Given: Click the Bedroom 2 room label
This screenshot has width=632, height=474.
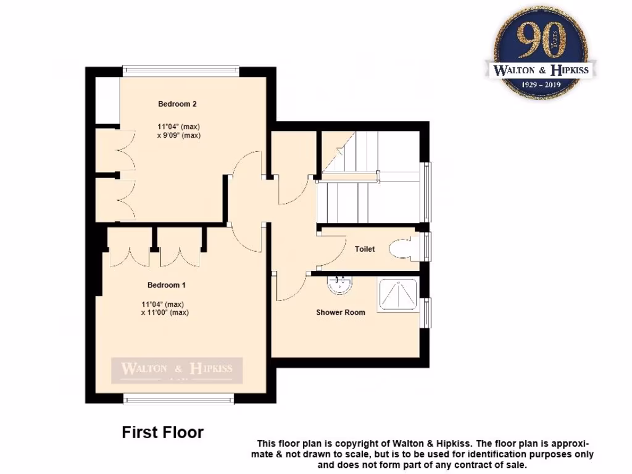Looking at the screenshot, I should (x=177, y=104).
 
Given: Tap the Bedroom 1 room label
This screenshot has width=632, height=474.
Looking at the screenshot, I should (x=167, y=285).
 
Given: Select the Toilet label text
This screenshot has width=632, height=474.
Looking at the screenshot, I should (x=365, y=249).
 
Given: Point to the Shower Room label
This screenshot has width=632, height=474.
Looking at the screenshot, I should (x=341, y=312).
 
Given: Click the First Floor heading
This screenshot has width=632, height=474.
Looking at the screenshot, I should (x=162, y=433).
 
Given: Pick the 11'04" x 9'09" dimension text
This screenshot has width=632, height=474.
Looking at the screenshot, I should (x=179, y=131).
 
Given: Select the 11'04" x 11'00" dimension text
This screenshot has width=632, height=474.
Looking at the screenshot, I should (x=164, y=308).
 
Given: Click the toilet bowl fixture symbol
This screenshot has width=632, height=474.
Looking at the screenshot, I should (x=401, y=248).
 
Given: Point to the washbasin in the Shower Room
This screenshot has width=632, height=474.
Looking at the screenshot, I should (x=339, y=285).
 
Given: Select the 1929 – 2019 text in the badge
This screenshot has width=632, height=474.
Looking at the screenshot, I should (x=541, y=84).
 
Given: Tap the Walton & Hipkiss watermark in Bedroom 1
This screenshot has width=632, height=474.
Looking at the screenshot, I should (x=177, y=370).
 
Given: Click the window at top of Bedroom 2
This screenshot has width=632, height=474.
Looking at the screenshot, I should (x=180, y=69).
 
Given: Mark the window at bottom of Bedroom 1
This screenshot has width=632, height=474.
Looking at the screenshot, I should (x=179, y=399).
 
